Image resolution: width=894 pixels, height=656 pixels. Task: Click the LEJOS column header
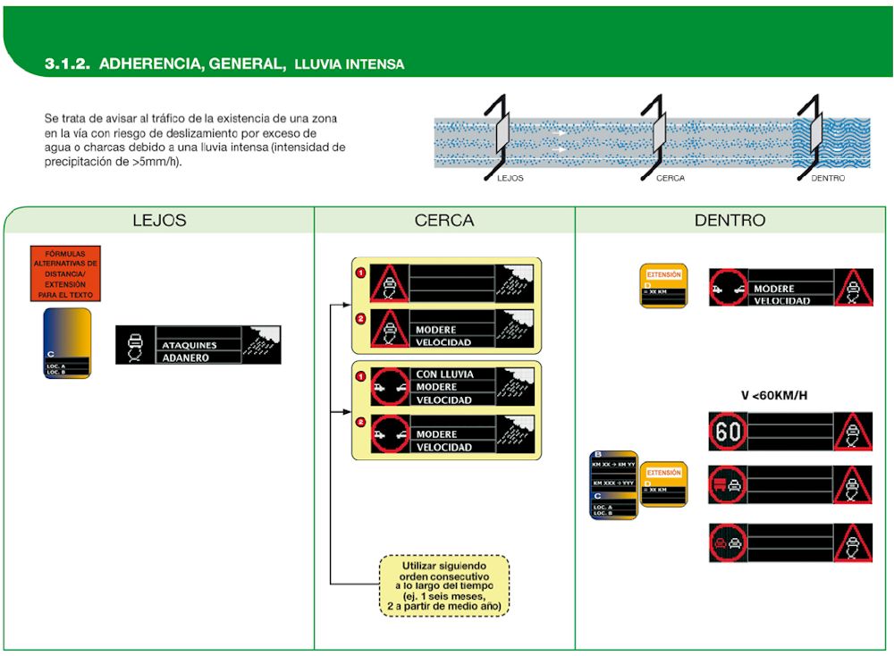[x=159, y=220]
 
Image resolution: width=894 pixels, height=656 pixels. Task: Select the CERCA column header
[x=443, y=220]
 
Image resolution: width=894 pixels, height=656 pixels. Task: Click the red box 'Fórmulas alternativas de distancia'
[x=65, y=273]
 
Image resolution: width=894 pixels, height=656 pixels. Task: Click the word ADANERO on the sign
[x=184, y=357]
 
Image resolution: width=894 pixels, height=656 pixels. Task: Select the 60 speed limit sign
[x=728, y=431]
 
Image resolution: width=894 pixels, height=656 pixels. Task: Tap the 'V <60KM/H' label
[x=774, y=395]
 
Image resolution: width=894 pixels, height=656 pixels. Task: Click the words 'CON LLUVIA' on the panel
[x=444, y=374]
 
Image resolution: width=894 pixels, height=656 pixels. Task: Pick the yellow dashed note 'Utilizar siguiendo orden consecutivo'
[x=443, y=585]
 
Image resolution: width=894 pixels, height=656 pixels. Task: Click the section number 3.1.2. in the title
[x=67, y=64]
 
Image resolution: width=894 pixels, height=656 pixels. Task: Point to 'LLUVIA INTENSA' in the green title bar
[x=350, y=64]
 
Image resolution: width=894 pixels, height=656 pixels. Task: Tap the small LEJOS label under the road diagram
[x=510, y=178]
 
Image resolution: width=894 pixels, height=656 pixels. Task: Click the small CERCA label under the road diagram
[x=670, y=178]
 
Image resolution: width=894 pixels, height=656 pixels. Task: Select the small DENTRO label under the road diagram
[x=827, y=178]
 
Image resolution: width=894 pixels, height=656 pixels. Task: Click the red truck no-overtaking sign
[x=728, y=484]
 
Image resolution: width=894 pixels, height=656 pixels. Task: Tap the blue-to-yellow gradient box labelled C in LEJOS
[x=67, y=343]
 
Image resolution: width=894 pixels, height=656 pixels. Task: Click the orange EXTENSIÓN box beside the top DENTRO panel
[x=662, y=285]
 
